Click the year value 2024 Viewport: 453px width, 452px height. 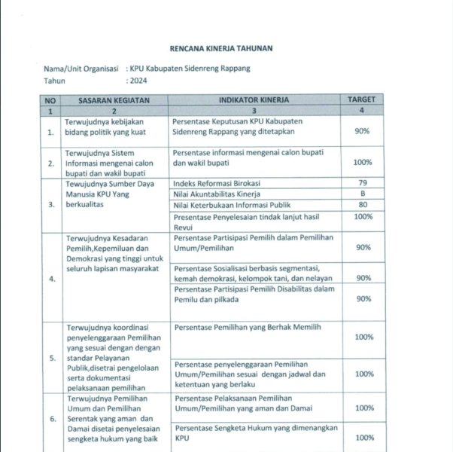[x=139, y=80]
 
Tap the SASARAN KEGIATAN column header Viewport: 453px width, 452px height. [x=114, y=99]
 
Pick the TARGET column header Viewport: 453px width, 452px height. [x=363, y=99]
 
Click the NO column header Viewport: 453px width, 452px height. [x=50, y=99]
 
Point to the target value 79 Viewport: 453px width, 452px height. [x=363, y=183]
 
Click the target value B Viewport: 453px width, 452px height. [x=363, y=194]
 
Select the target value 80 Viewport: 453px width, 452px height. [x=363, y=204]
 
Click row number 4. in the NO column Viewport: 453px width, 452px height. [x=50, y=279]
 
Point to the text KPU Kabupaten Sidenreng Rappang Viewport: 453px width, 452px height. [x=190, y=69]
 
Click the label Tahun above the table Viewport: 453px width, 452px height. [x=54, y=80]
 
